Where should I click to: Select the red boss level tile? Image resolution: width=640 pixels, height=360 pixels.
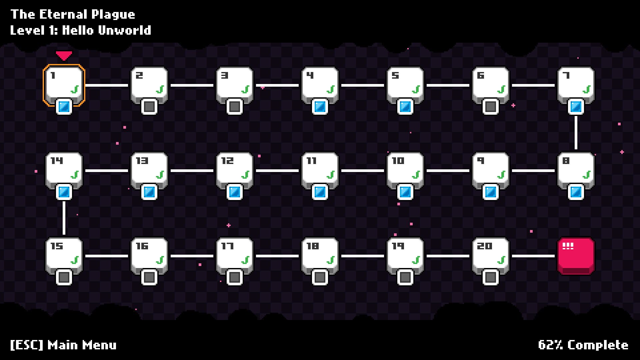click(x=576, y=255)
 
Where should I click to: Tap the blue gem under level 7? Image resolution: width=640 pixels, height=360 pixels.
click(x=576, y=107)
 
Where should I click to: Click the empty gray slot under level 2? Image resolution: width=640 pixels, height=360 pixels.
click(x=149, y=107)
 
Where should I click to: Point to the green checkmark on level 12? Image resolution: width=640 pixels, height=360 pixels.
click(x=245, y=174)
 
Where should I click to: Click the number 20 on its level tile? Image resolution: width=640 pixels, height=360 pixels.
click(x=484, y=246)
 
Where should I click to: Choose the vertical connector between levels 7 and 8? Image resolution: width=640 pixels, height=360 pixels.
click(x=576, y=133)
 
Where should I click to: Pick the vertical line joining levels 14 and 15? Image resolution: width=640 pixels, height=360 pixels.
click(x=64, y=218)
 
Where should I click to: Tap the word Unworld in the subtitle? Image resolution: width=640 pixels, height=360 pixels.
click(x=125, y=30)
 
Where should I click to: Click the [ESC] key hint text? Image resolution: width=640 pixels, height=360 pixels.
click(x=27, y=345)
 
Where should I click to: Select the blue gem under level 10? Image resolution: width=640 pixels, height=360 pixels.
click(x=405, y=192)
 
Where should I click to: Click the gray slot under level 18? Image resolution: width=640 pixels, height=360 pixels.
click(x=320, y=277)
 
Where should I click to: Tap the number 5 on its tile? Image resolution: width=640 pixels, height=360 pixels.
click(x=395, y=75)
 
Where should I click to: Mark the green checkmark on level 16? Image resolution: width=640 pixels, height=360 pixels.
click(x=160, y=260)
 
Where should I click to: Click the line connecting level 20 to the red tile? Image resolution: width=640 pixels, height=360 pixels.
click(x=533, y=256)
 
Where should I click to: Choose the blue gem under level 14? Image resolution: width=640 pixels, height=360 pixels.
click(x=64, y=192)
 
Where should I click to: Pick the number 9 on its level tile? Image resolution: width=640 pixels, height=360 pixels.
click(x=480, y=161)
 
